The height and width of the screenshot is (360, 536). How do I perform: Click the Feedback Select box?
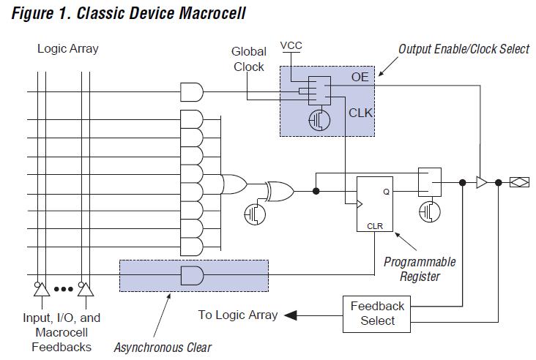click(377, 312)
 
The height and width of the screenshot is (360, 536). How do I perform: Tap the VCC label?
click(291, 46)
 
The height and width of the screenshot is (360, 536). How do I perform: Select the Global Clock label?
click(248, 59)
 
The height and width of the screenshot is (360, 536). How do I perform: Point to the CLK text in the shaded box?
click(360, 112)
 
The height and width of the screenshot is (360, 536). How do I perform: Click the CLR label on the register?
click(374, 226)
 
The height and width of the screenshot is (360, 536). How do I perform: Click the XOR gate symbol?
click(280, 191)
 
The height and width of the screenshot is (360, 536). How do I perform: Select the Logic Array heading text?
click(68, 49)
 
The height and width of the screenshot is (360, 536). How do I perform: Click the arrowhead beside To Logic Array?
click(290, 315)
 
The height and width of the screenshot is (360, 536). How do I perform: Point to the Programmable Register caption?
click(420, 269)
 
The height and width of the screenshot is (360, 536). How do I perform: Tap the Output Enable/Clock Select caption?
click(464, 49)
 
